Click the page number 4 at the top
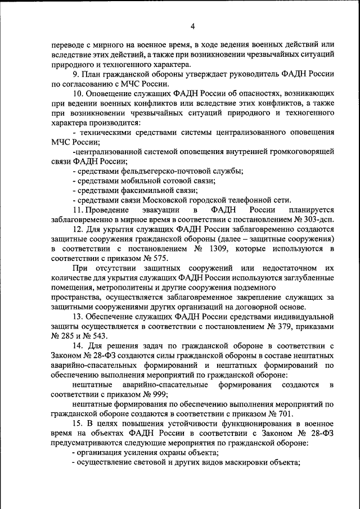pyautogui.click(x=192, y=26)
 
